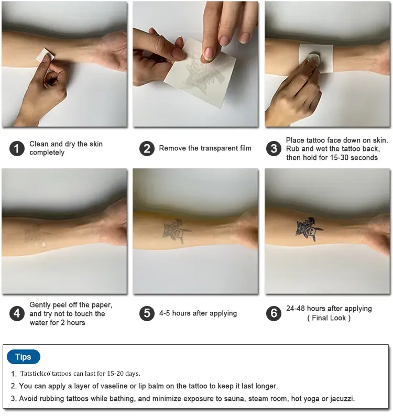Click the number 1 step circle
(17, 148)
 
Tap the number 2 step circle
(147, 148)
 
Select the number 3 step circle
(274, 148)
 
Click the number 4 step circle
(17, 313)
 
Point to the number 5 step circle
(147, 313)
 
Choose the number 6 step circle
(274, 313)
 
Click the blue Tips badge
(24, 357)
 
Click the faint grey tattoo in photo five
(176, 231)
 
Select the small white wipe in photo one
(45, 56)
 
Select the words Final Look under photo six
(329, 318)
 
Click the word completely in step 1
(47, 152)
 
